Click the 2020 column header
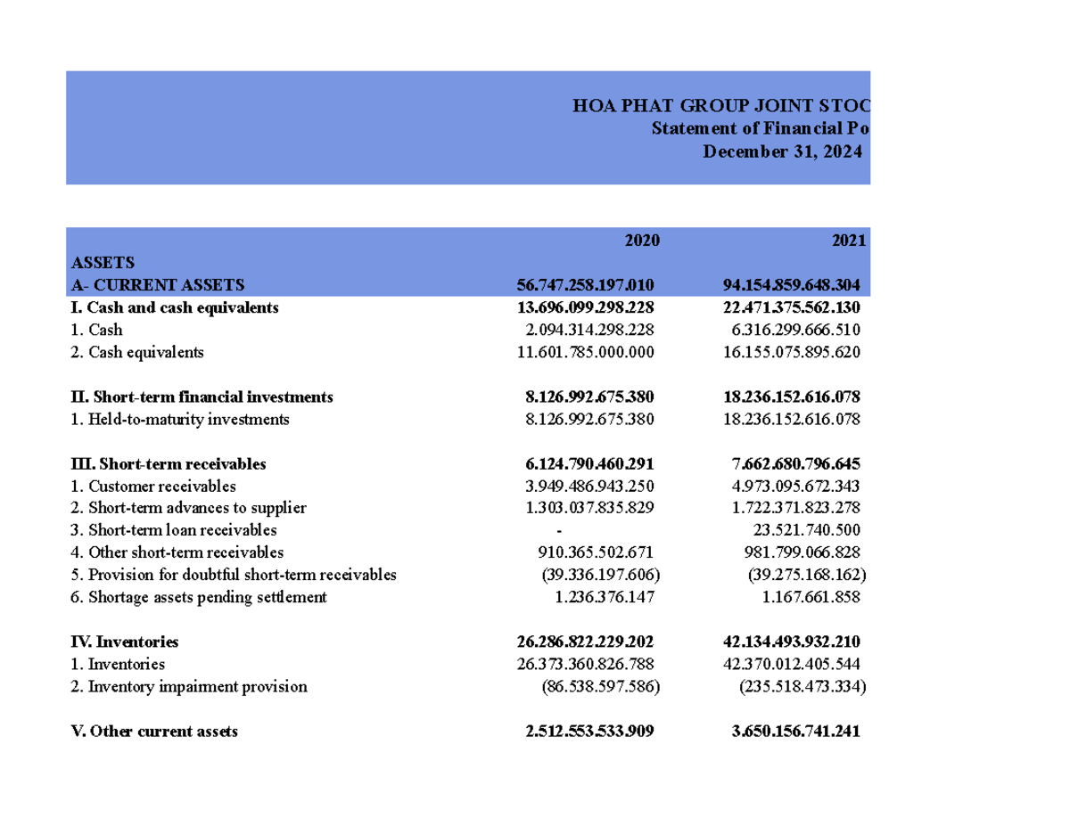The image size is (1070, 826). tap(641, 241)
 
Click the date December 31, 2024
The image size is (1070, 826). tap(782, 151)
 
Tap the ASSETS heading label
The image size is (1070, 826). tap(103, 263)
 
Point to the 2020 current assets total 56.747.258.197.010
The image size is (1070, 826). tap(585, 285)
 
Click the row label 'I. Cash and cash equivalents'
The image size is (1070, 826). tap(174, 307)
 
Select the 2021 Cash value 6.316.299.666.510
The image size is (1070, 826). tap(791, 330)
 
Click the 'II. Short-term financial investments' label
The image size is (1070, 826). tap(202, 397)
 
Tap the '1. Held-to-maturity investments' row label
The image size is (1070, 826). tap(179, 419)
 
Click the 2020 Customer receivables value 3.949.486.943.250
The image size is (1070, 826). tap(589, 486)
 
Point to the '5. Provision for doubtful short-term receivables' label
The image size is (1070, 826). tap(233, 575)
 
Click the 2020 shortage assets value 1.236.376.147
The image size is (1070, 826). tap(604, 597)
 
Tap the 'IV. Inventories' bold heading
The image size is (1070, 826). tap(124, 642)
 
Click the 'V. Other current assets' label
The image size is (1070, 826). tap(153, 732)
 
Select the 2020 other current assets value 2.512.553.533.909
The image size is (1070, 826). tap(589, 732)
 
